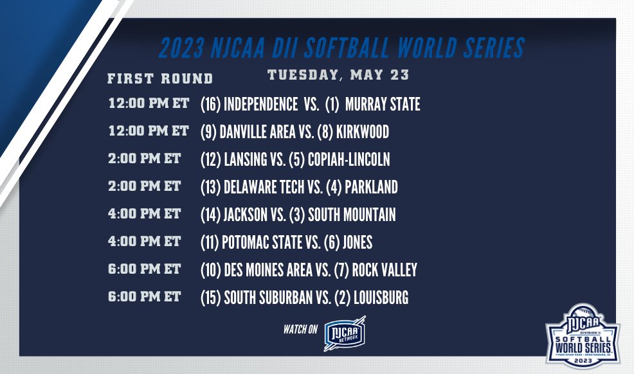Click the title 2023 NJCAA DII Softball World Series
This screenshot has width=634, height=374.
point(341,48)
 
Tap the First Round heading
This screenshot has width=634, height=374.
point(160,79)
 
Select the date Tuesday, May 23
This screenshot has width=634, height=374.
point(338,75)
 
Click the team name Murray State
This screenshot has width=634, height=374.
point(383,104)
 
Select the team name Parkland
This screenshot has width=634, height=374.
point(371,187)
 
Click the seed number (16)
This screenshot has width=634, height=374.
point(210,104)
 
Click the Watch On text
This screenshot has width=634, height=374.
point(301,330)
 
